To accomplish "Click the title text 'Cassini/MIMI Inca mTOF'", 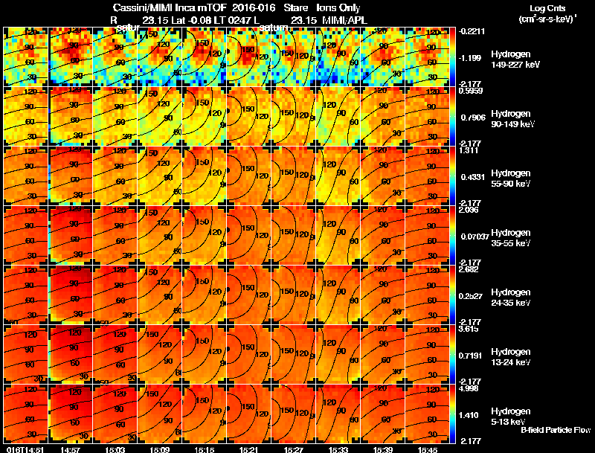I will pos(165,8).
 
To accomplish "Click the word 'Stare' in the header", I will pos(295,8).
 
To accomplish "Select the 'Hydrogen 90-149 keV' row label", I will pos(511,118).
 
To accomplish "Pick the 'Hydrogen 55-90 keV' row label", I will pos(509,178).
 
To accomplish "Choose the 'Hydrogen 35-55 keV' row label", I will pos(509,237).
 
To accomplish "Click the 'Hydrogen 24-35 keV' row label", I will pos(509,297).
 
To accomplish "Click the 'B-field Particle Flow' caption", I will pos(556,430).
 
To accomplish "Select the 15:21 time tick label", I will pos(248,449).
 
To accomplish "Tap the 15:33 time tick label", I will pos(338,449).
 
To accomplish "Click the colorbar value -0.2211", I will pos(473,32).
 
